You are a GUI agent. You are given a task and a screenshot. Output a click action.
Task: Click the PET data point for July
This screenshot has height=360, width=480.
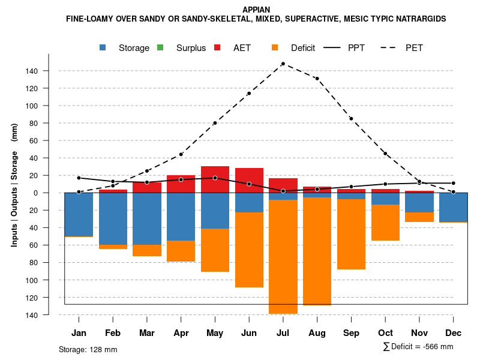(283, 64)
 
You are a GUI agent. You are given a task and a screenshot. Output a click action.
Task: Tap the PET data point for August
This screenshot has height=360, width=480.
(317, 79)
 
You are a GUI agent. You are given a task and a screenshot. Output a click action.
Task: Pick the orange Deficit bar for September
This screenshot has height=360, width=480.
(351, 234)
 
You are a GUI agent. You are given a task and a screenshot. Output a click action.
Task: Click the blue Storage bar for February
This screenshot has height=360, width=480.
(113, 218)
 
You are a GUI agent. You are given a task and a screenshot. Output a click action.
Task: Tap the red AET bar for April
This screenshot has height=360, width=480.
(181, 184)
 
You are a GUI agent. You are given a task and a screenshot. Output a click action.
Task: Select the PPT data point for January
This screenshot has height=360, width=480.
(79, 178)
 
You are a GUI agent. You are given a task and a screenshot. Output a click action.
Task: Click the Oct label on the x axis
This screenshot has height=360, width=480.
(385, 333)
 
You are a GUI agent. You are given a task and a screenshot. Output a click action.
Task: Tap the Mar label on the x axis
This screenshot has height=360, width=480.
(147, 333)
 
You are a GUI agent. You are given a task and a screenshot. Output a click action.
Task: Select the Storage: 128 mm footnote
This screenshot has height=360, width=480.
(88, 349)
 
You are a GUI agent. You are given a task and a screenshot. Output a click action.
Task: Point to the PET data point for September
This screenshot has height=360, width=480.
(351, 119)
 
